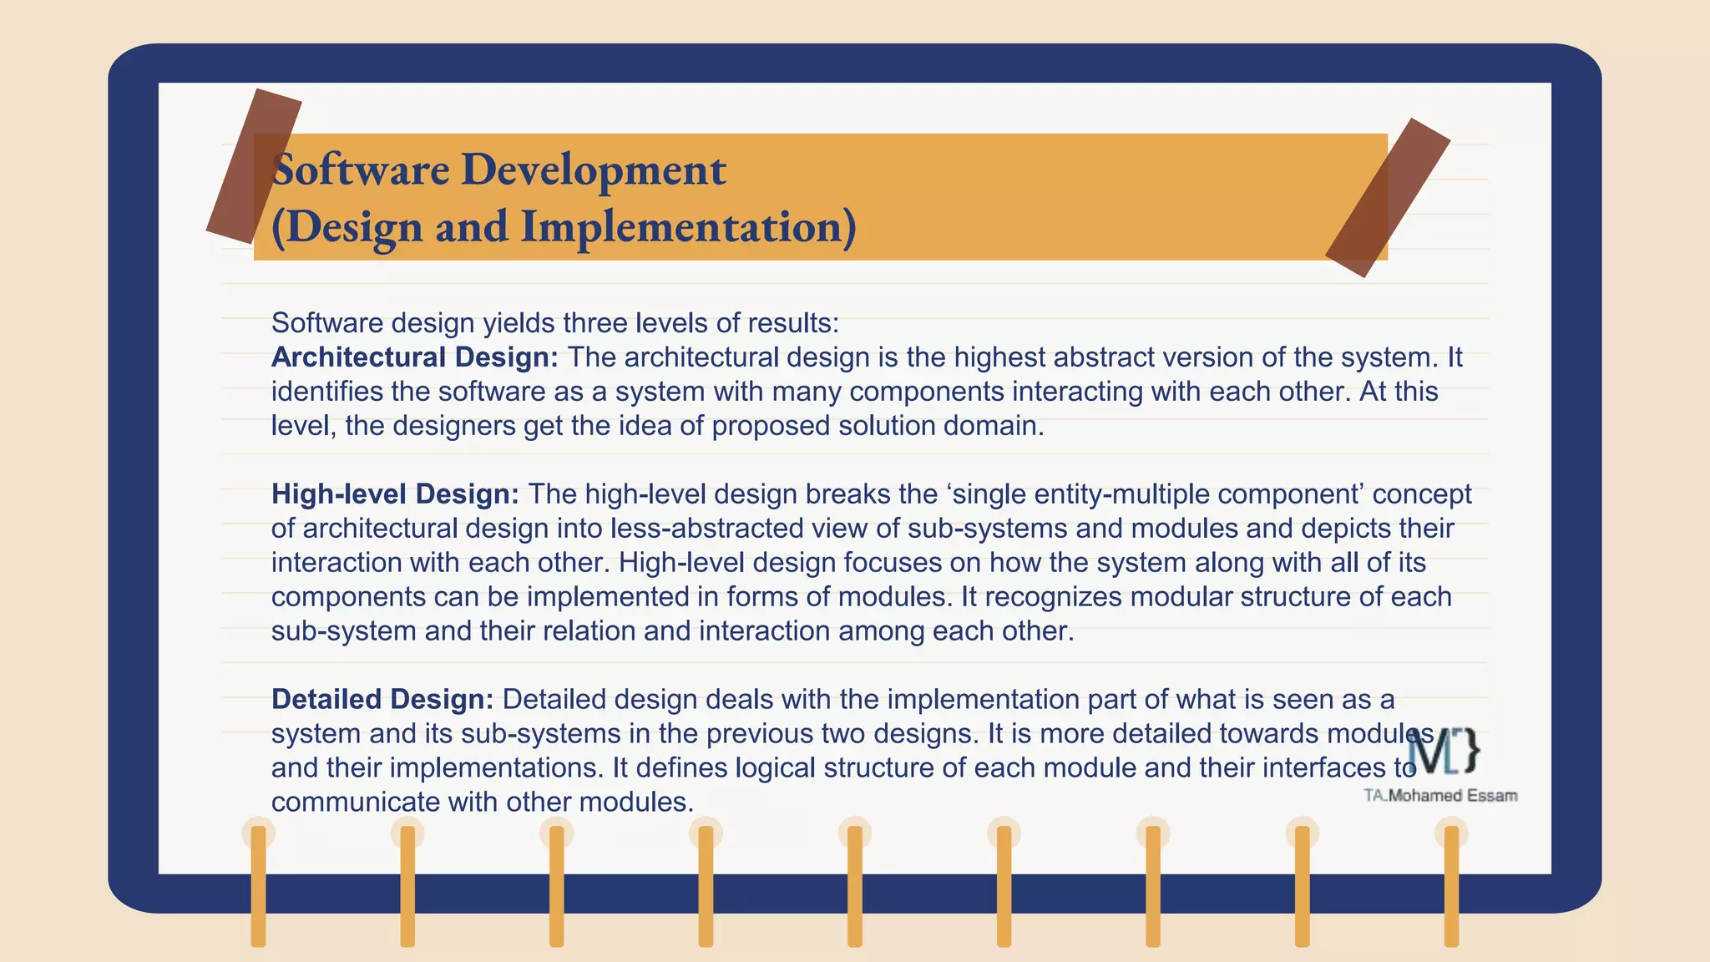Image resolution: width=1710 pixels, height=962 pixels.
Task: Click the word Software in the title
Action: (361, 170)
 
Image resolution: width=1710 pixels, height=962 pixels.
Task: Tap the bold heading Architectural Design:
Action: (414, 357)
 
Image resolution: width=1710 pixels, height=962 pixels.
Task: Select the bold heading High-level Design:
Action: (395, 494)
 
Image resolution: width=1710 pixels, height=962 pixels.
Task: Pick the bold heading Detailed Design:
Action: (382, 700)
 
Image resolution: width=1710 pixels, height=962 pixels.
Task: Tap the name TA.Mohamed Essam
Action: (1440, 796)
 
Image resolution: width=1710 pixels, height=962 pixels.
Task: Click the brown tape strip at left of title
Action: (253, 165)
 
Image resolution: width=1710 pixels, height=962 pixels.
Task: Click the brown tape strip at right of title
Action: (1388, 198)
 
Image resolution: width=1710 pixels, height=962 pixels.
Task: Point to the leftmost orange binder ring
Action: (258, 885)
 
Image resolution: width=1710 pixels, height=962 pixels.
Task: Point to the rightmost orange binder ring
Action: (1451, 885)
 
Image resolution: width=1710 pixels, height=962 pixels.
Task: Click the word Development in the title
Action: (593, 170)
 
